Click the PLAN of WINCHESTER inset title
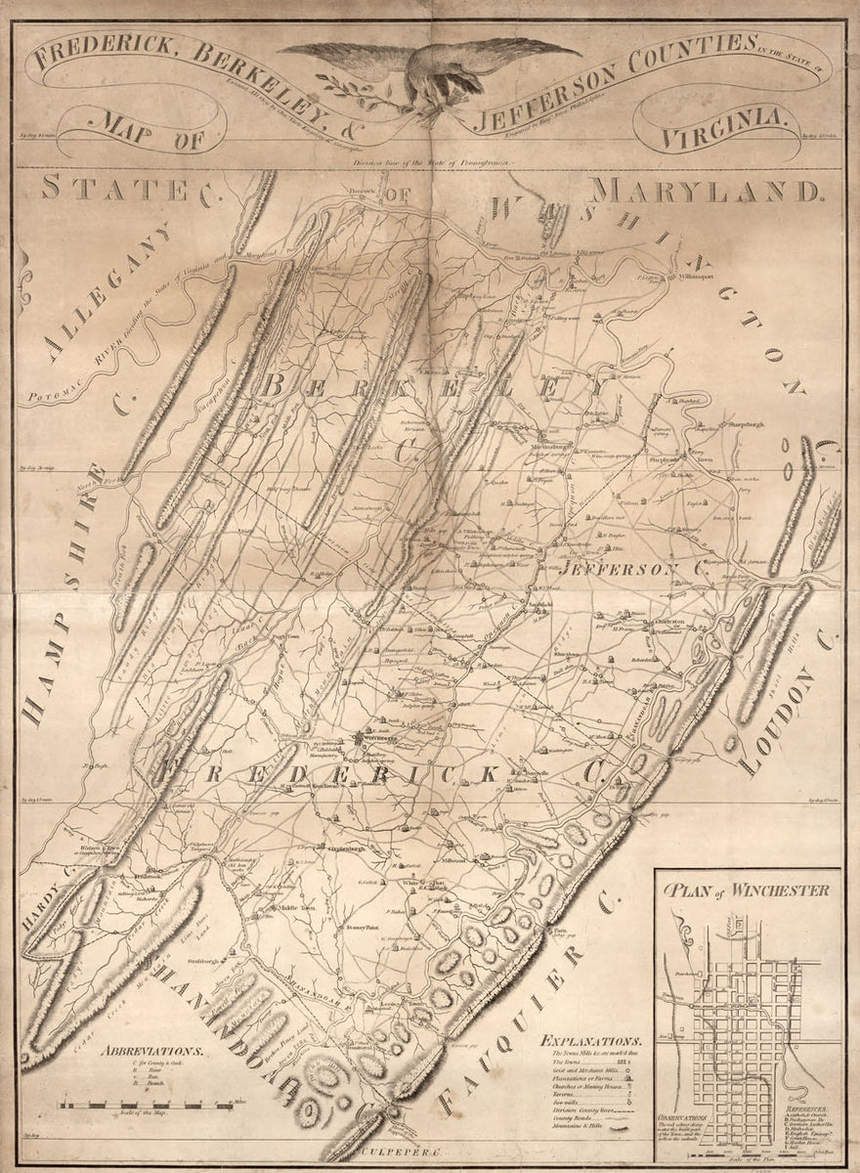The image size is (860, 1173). (746, 891)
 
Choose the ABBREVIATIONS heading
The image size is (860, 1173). (150, 1052)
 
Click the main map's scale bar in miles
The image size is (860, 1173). (147, 1105)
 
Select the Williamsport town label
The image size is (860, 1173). (694, 277)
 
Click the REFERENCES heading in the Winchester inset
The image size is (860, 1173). (809, 1109)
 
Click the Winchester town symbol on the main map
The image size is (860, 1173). (362, 738)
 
